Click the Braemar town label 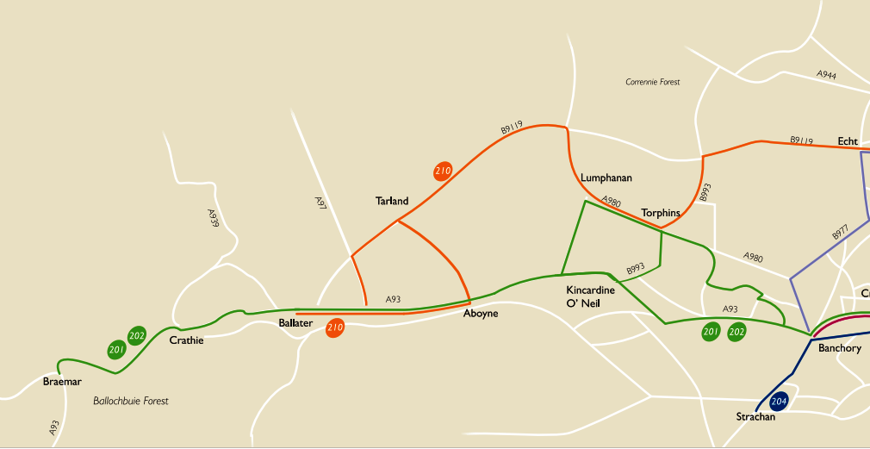[62, 382]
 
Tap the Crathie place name [186, 340]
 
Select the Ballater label [295, 323]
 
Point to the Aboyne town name [481, 314]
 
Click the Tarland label [392, 202]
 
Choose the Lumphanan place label [606, 178]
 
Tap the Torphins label [661, 213]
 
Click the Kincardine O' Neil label [590, 297]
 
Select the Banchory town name [840, 348]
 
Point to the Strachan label [755, 417]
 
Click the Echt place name [848, 141]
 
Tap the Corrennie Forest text [652, 82]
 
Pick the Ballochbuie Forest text [131, 401]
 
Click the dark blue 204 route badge [779, 402]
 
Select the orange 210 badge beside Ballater [335, 327]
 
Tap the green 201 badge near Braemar [117, 349]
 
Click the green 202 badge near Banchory [736, 332]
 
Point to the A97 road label [320, 203]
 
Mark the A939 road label [213, 218]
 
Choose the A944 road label [826, 76]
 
